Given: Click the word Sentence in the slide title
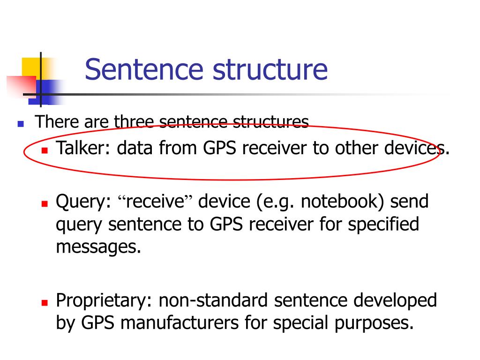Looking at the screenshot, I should point(144,69).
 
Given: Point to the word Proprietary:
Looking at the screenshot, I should point(105,300).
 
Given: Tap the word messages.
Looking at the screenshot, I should point(98,247).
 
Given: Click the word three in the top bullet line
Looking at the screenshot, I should point(134,122).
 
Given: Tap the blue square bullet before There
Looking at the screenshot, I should point(20,124).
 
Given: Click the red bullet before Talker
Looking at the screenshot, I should point(45,151).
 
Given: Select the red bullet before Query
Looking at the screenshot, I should point(45,204).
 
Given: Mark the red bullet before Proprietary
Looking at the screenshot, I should point(45,303).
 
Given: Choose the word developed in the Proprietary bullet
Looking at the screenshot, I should point(395,300).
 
